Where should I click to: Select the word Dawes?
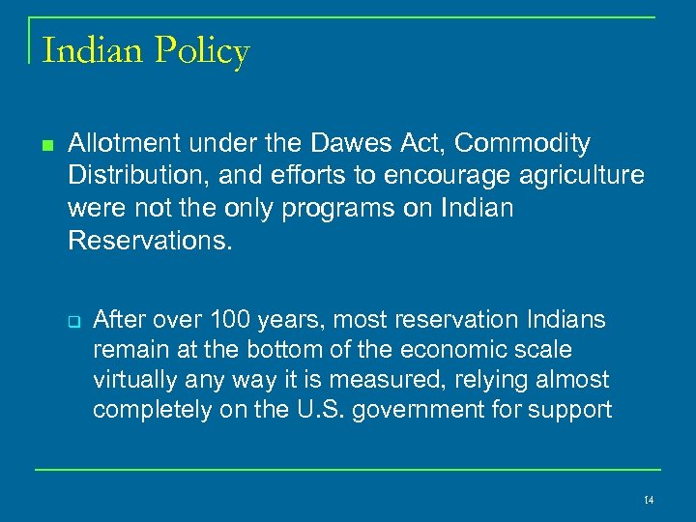pos(363,144)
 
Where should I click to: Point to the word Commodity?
pos(522,144)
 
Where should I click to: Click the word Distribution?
pos(127,176)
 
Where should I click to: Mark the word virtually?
pos(132,380)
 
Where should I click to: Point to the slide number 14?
pos(649,500)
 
